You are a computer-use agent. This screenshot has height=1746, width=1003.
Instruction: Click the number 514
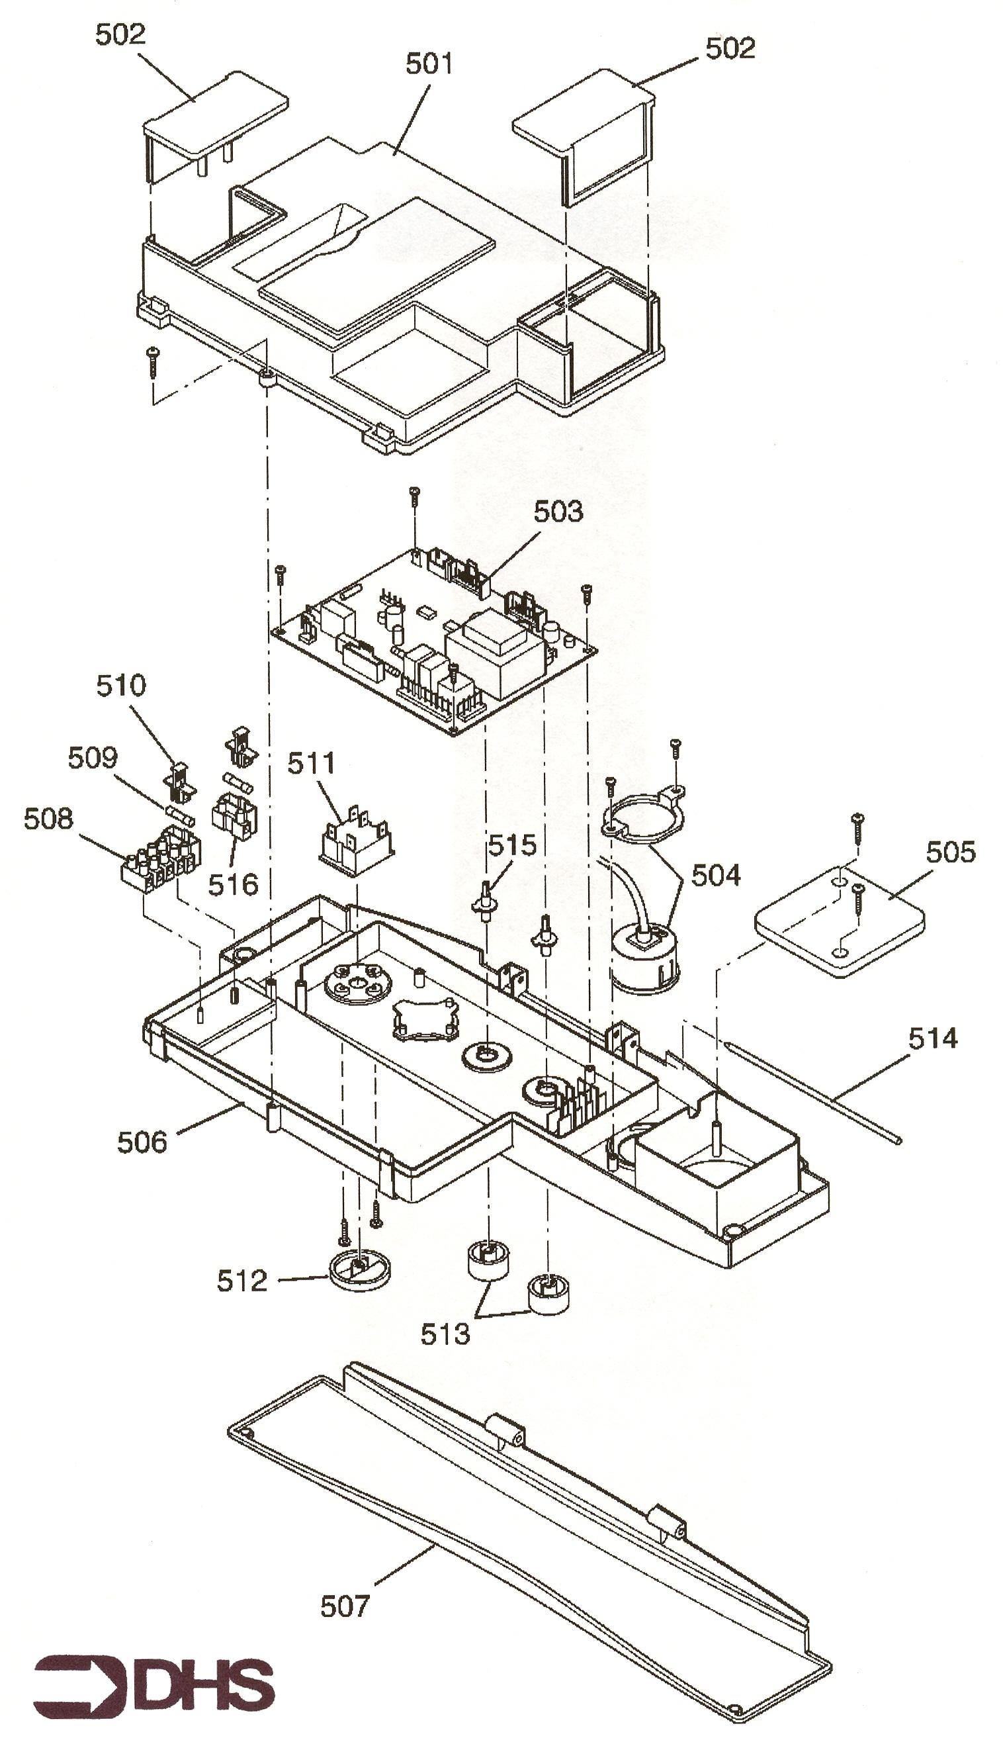tap(933, 1038)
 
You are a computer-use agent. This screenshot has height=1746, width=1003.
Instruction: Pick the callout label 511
tap(311, 762)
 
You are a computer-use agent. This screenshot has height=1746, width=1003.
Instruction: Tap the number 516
tap(234, 884)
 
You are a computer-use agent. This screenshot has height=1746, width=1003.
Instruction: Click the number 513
tap(445, 1334)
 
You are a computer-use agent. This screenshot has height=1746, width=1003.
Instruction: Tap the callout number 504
tap(716, 874)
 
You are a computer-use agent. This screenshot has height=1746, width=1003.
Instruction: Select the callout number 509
tap(93, 757)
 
